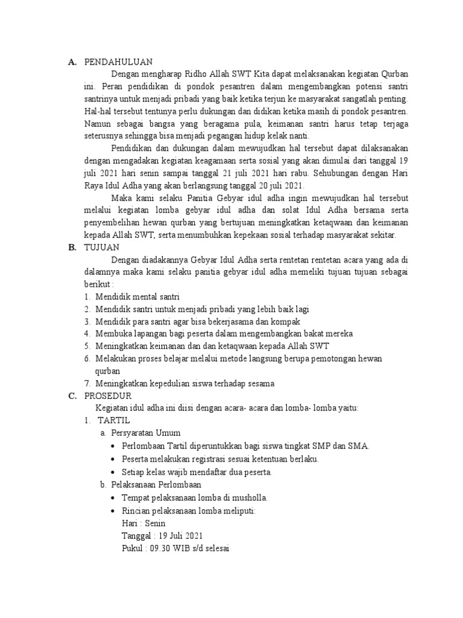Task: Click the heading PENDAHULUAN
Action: coord(118,62)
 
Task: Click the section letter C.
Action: coord(71,396)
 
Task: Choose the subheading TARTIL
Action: coord(114,420)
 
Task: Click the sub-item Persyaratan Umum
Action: coord(146,433)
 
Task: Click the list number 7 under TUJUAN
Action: coord(87,383)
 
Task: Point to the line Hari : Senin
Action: coord(143,523)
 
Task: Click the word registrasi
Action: coord(209,459)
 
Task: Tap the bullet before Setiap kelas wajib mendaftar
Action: coord(114,472)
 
